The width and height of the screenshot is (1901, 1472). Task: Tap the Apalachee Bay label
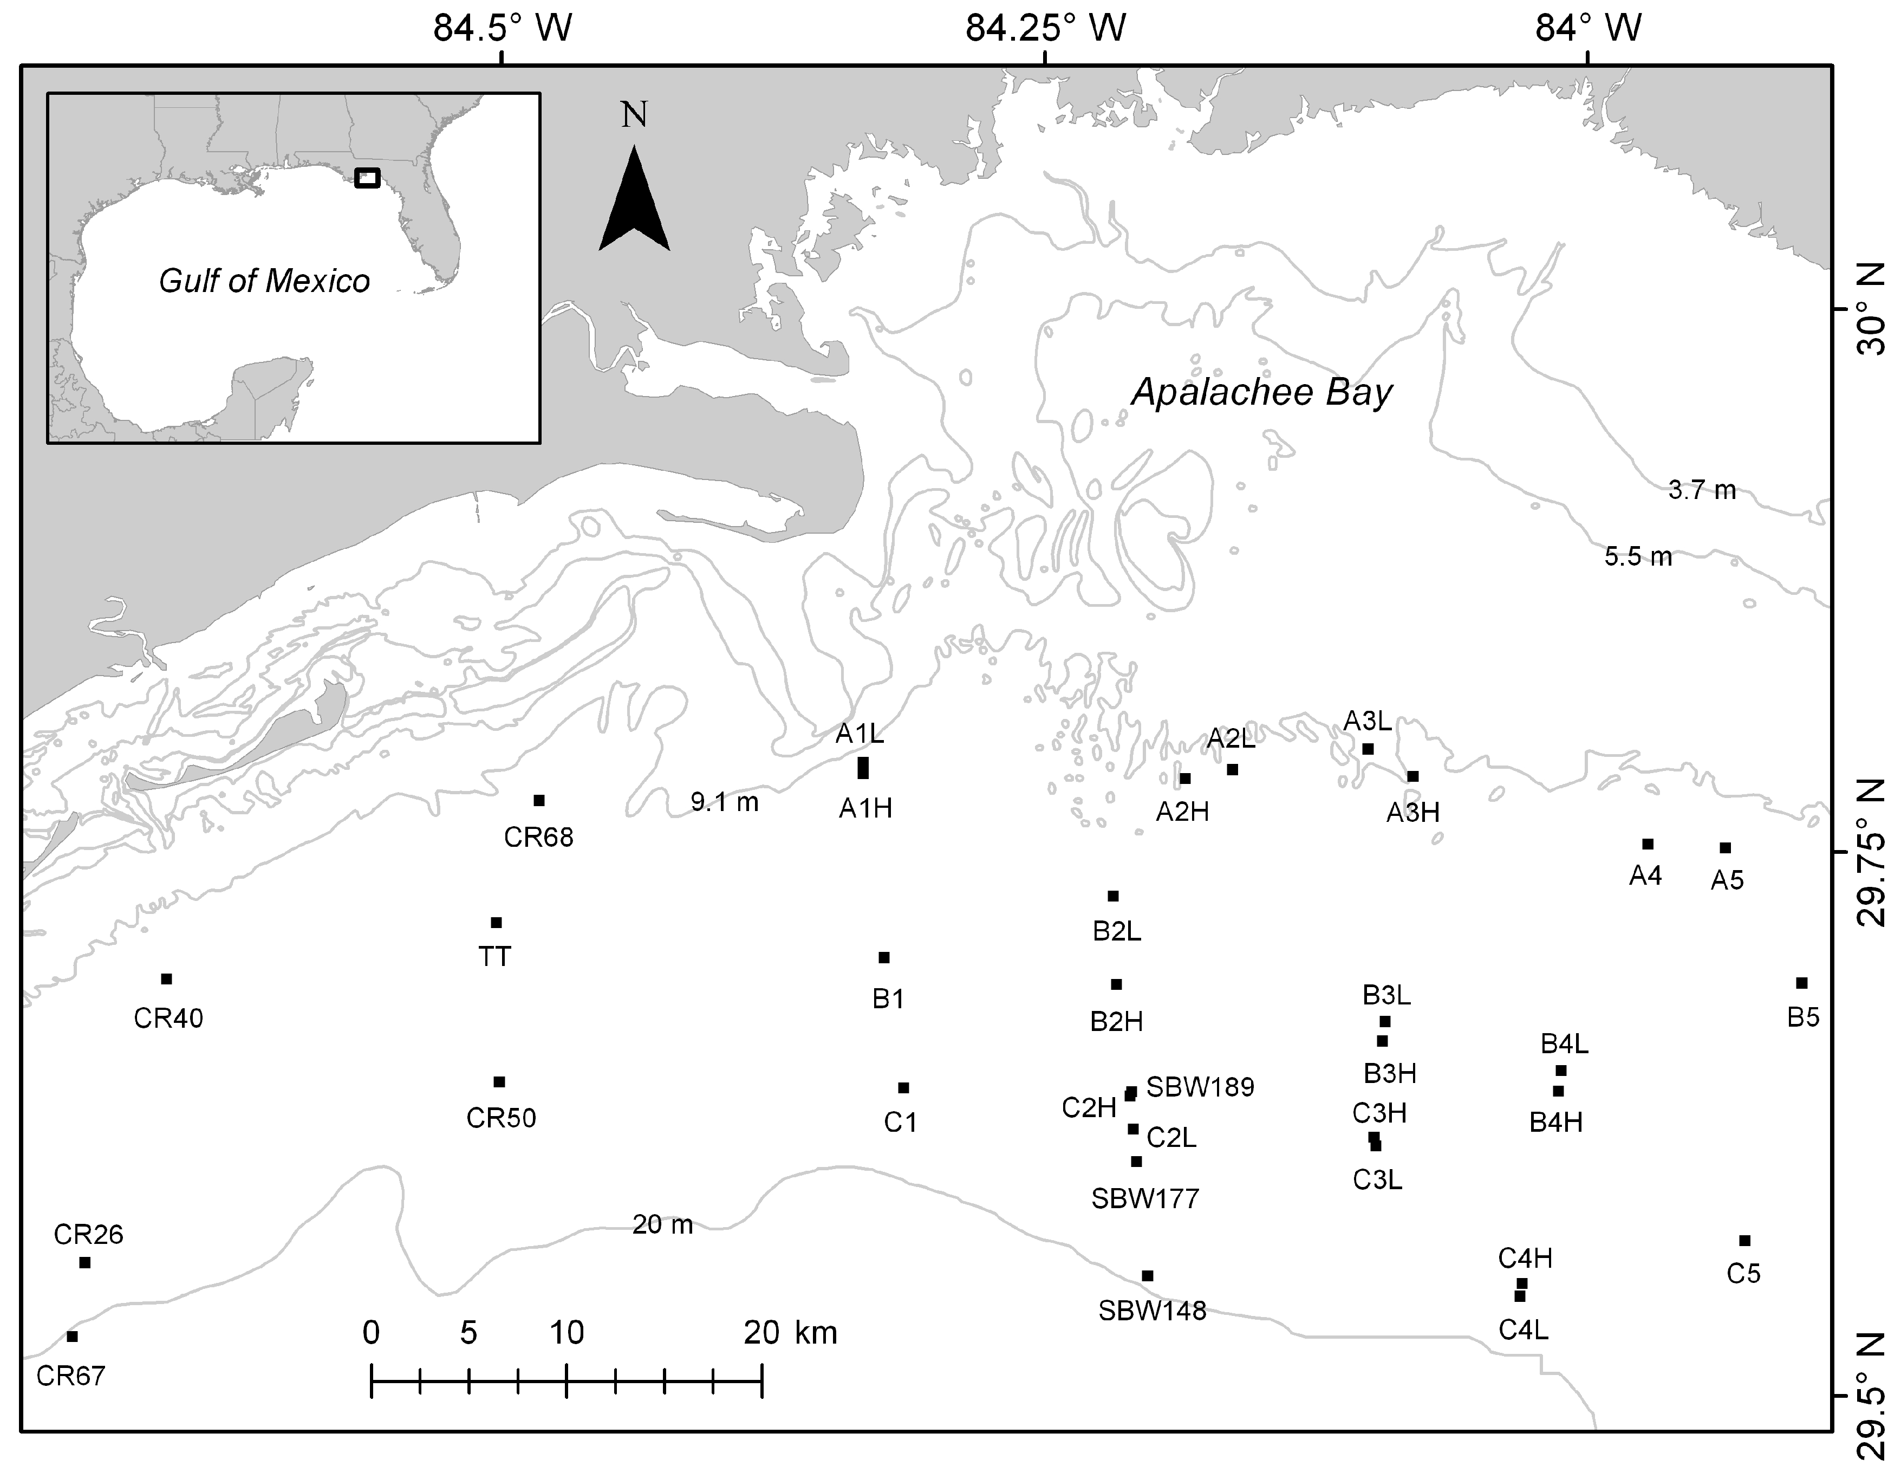coord(1261,393)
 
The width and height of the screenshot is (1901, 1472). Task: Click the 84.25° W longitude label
coord(1045,29)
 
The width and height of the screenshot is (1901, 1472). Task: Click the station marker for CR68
coord(539,800)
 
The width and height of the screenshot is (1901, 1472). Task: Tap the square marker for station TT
coord(496,923)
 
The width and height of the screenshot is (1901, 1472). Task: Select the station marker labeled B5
coord(1802,983)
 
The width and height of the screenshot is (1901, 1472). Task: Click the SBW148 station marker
coord(1147,1275)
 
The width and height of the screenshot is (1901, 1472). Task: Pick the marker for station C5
coord(1744,1241)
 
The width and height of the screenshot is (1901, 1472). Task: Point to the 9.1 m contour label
coord(724,802)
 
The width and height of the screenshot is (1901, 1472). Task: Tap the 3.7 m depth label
coord(1702,491)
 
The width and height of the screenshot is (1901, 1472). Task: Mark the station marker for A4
coord(1648,844)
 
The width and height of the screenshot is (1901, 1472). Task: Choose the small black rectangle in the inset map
coord(367,178)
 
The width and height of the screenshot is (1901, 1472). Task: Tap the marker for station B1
coord(883,957)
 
